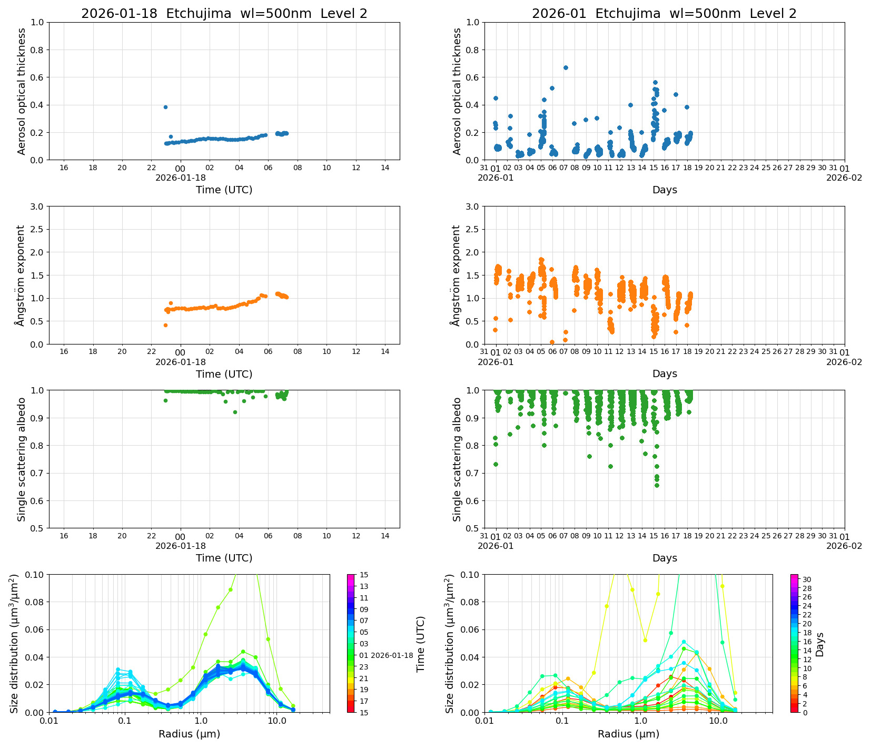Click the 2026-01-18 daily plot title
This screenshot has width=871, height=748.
(x=224, y=14)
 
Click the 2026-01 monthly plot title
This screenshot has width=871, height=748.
(x=664, y=14)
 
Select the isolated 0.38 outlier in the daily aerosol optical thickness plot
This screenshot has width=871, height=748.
(x=165, y=107)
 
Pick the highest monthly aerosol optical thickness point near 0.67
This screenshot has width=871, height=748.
(x=566, y=67)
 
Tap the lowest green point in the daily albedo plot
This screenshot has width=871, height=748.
(x=235, y=412)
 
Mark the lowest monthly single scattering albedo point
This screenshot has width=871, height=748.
(x=657, y=485)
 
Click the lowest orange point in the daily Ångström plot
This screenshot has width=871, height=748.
(x=165, y=325)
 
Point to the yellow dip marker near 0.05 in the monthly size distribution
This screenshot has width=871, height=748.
(x=645, y=640)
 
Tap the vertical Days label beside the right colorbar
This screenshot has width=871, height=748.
(x=820, y=644)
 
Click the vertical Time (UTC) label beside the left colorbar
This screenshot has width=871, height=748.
(x=420, y=644)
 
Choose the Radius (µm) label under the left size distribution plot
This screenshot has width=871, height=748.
(x=189, y=734)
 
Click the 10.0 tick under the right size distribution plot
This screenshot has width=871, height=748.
(x=718, y=721)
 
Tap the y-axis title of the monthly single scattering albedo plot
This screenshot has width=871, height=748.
(x=457, y=459)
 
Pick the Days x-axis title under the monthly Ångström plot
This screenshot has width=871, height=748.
(x=665, y=373)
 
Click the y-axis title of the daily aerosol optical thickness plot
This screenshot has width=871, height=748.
(x=22, y=91)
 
